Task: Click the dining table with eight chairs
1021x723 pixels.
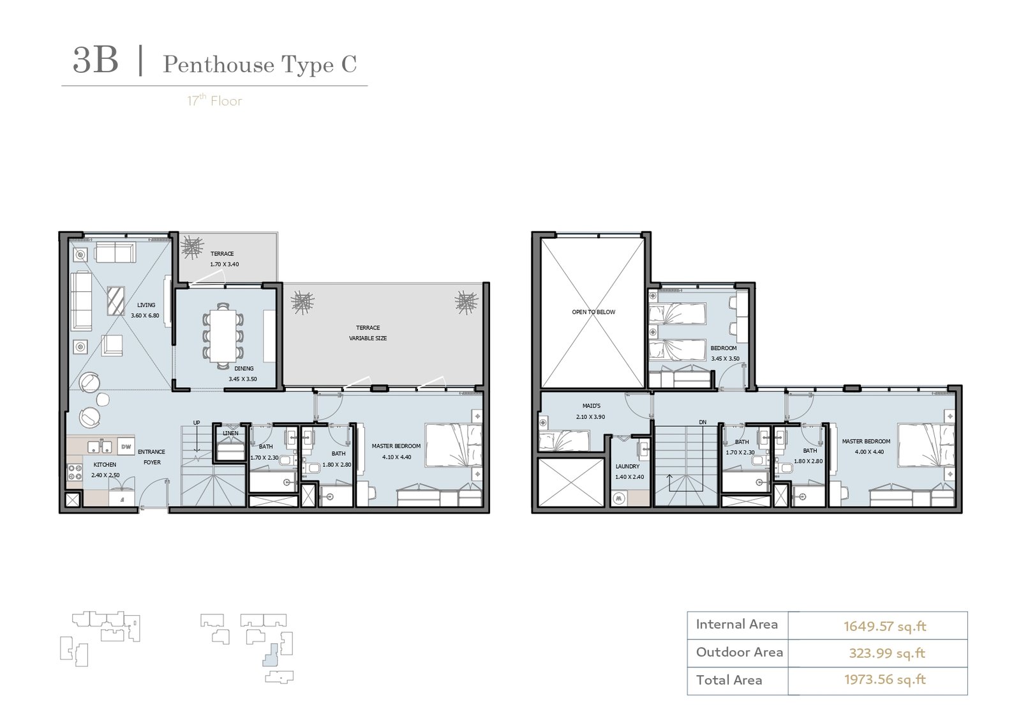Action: click(x=223, y=336)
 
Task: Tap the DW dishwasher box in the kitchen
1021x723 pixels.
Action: click(x=126, y=446)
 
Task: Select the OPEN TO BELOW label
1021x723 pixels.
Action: click(x=593, y=312)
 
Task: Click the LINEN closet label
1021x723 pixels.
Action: click(x=230, y=433)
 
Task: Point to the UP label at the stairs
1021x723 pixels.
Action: click(x=197, y=422)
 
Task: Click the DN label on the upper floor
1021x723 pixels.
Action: click(x=703, y=422)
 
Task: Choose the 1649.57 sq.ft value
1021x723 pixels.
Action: click(x=884, y=626)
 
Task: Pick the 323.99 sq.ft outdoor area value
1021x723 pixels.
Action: click(x=887, y=653)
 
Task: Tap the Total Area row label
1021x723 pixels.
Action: click(x=729, y=680)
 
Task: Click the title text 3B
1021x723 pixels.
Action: click(x=96, y=60)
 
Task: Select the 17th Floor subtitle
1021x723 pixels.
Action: click(x=214, y=100)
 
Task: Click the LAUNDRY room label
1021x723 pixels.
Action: click(x=627, y=466)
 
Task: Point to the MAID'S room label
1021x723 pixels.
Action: click(x=591, y=406)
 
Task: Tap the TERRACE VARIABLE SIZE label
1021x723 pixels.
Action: click(x=368, y=333)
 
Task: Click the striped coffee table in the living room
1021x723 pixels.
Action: click(x=116, y=301)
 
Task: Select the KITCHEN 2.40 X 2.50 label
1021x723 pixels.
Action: click(x=105, y=470)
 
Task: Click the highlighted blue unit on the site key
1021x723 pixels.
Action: click(x=271, y=655)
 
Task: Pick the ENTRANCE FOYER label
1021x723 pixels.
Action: click(x=152, y=457)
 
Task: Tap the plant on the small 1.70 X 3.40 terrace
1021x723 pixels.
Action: click(x=192, y=248)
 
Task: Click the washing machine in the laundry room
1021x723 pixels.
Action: click(x=618, y=499)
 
